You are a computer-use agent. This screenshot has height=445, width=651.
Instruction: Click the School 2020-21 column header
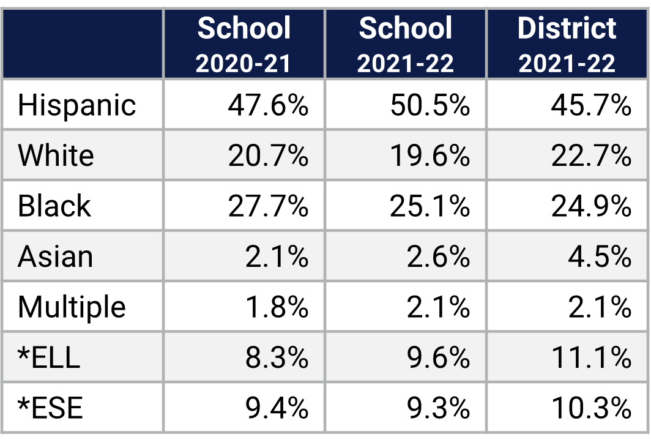[x=244, y=44]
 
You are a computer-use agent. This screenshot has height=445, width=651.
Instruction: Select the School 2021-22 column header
[x=406, y=44]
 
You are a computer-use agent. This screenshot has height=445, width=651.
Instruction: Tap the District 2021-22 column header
[x=567, y=44]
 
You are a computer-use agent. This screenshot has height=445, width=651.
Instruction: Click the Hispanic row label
[x=76, y=105]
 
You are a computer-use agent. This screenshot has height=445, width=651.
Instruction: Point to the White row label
[x=56, y=155]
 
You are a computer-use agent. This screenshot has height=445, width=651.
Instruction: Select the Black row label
[x=54, y=206]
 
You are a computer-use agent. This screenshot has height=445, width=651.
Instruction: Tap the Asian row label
[x=55, y=256]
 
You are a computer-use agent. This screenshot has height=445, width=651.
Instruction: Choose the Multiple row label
[x=72, y=307]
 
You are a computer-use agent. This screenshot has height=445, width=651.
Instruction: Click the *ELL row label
[x=49, y=357]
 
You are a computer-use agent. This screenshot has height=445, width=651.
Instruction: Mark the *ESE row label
[x=50, y=408]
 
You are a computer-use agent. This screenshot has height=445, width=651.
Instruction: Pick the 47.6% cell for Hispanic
[x=268, y=105]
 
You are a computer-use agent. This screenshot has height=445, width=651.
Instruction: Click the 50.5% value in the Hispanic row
[x=430, y=105]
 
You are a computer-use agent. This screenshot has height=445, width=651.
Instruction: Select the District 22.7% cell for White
[x=591, y=156]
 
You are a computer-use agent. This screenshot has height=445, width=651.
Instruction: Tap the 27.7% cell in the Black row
[x=268, y=206]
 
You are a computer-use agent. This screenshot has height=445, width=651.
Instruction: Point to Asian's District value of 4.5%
[x=600, y=256]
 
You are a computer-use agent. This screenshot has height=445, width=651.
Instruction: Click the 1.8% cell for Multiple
[x=277, y=307]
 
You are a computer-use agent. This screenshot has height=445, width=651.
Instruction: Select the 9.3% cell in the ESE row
[x=439, y=408]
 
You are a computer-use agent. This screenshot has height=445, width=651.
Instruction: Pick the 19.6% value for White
[x=430, y=156]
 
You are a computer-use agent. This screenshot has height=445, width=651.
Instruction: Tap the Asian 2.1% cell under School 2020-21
[x=277, y=256]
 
